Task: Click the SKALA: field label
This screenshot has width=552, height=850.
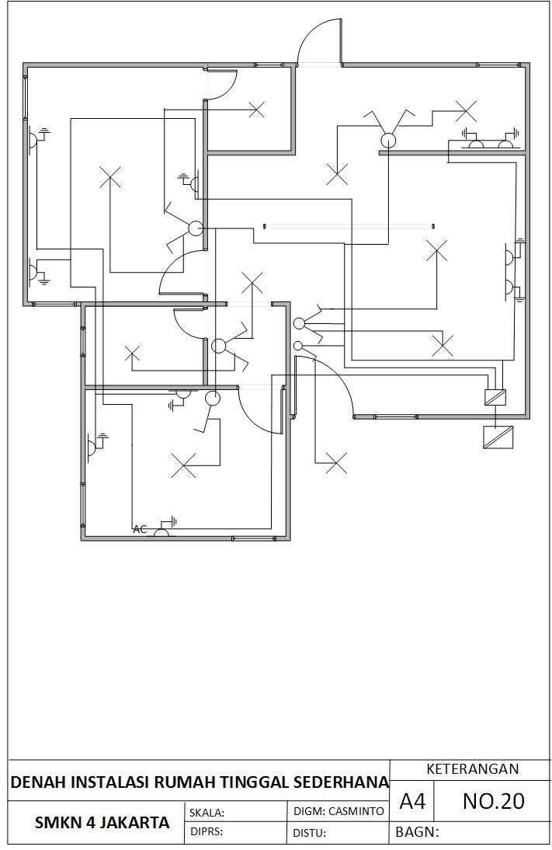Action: pyautogui.click(x=207, y=813)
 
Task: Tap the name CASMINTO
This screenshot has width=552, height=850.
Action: pyautogui.click(x=356, y=811)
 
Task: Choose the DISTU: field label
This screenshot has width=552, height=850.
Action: pyautogui.click(x=309, y=833)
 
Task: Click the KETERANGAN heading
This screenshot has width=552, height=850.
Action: pyautogui.click(x=472, y=769)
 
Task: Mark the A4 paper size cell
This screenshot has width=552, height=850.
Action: pyautogui.click(x=412, y=801)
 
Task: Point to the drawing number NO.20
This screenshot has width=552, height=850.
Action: pyautogui.click(x=493, y=801)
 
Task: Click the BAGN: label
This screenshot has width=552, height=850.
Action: pyautogui.click(x=418, y=832)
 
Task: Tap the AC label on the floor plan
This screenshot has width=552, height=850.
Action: pyautogui.click(x=140, y=529)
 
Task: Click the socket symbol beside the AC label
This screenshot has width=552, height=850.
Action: pyautogui.click(x=162, y=531)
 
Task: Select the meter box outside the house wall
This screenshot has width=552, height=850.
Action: pyautogui.click(x=498, y=437)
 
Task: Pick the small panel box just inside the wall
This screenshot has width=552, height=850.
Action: pyautogui.click(x=495, y=397)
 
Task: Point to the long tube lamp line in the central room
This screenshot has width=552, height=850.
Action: pyautogui.click(x=349, y=226)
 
